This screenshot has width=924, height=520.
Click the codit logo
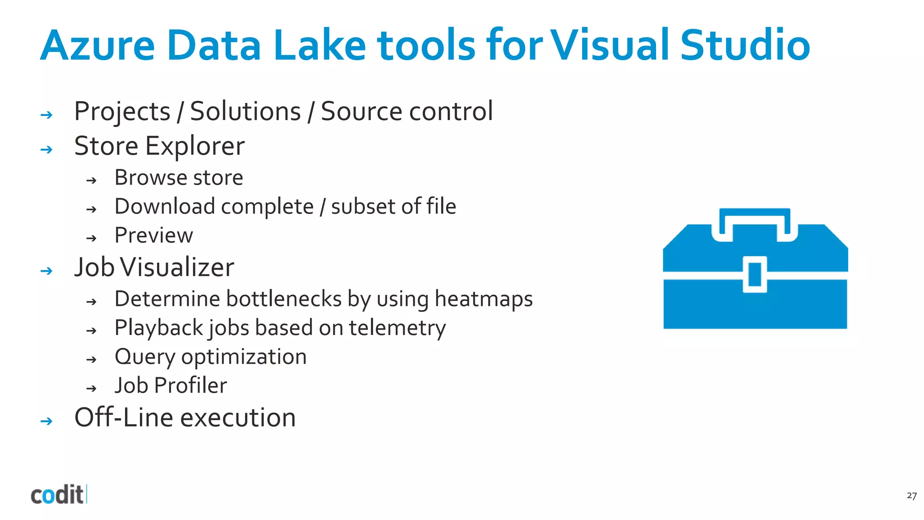point(58,495)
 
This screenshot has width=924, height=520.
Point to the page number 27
point(911,496)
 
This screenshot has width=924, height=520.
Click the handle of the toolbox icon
point(754,214)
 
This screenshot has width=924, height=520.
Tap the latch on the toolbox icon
point(755,274)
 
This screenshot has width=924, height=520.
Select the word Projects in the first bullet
point(122,111)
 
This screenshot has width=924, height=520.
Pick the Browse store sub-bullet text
point(179,177)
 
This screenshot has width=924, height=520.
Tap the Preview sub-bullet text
point(154,235)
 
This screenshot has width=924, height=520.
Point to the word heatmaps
point(484,299)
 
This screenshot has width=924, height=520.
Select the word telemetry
point(397,328)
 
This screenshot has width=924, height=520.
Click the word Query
point(144,357)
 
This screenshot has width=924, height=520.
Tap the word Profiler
point(190,385)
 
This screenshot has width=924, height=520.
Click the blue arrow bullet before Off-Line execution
point(46,421)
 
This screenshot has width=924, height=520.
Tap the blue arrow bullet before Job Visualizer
point(46,271)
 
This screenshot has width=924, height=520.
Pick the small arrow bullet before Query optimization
point(92,360)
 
